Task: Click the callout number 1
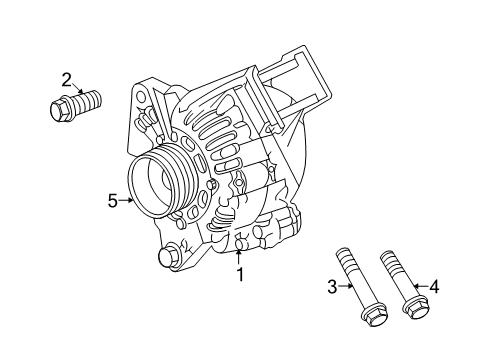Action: point(239,273)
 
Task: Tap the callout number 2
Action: point(67,80)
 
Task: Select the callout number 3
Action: point(332,287)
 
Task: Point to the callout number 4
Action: point(433,287)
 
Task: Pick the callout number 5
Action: point(113,200)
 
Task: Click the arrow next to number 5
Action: point(128,200)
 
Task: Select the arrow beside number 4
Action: point(420,287)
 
